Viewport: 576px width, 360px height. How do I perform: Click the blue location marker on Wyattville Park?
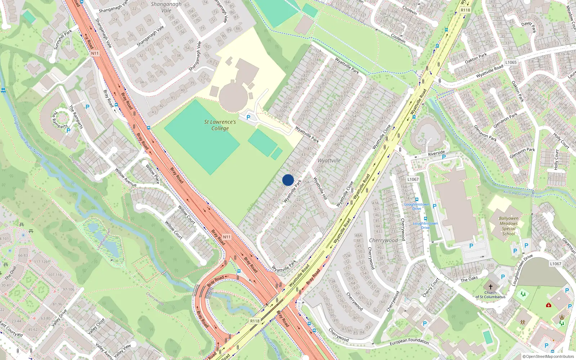tap(288, 180)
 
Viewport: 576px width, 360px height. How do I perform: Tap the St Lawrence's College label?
tap(220, 125)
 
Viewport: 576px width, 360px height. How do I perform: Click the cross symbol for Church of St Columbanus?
tap(490, 287)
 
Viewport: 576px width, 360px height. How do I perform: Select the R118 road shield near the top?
tap(465, 10)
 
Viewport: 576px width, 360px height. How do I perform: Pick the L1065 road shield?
tap(510, 62)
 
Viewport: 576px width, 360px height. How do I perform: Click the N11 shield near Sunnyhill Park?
tap(95, 53)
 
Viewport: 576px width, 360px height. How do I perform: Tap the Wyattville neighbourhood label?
tap(329, 161)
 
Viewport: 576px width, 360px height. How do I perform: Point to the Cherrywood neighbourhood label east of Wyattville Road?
tap(383, 240)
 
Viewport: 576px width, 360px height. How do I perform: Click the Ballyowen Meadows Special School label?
tap(509, 226)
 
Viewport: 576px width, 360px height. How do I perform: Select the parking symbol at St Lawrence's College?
tap(248, 117)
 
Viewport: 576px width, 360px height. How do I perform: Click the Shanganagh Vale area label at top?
tap(166, 7)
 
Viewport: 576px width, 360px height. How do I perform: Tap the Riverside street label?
tap(436, 153)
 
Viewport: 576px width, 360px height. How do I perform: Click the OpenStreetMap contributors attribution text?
tap(548, 356)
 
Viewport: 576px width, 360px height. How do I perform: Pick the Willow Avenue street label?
tap(126, 177)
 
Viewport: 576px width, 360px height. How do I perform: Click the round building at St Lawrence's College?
tap(233, 96)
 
